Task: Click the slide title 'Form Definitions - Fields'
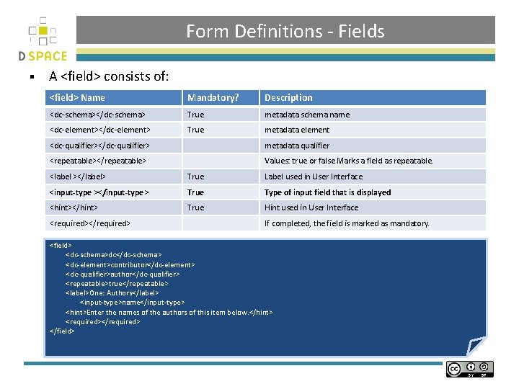pos(285,31)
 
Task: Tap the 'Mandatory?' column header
pos(213,98)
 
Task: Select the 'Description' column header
pos(288,98)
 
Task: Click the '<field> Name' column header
pos(77,98)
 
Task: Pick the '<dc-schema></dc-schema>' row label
pos(97,115)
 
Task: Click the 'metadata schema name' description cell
pos(307,115)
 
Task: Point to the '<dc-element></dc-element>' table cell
pos(99,130)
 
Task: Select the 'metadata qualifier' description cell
pos(297,146)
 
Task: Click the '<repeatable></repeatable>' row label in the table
pos(97,161)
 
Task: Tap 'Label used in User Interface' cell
pos(314,176)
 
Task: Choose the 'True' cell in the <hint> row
pos(195,207)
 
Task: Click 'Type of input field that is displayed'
pos(327,192)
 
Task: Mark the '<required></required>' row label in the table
pos(89,223)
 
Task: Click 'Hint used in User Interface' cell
pos(311,207)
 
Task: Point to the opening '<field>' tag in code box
pos(61,246)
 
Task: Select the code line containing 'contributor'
pos(130,264)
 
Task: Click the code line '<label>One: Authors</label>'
pos(112,293)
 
